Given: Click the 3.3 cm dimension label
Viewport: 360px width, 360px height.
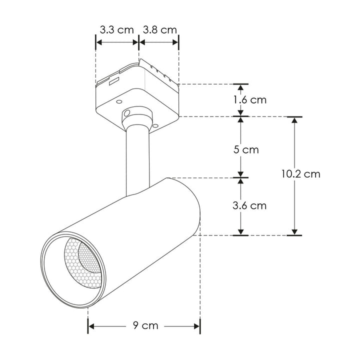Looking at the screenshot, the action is point(116,30).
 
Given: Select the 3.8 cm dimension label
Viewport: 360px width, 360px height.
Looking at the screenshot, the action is point(160,30).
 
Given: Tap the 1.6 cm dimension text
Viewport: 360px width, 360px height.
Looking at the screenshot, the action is point(250,100).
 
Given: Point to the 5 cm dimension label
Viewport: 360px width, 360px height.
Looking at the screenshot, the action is point(246,149).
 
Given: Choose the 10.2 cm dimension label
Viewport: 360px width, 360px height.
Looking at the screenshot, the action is point(301,174).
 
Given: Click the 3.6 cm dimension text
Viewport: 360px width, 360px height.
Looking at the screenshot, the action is point(249,205).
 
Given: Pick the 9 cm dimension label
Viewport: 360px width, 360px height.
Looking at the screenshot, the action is point(145,325).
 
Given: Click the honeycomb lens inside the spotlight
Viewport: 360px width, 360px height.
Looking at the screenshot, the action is point(83,263).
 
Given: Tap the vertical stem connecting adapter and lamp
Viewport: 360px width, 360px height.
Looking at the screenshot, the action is point(138,160).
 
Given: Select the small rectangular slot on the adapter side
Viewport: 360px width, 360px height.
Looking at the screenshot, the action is point(114,81).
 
